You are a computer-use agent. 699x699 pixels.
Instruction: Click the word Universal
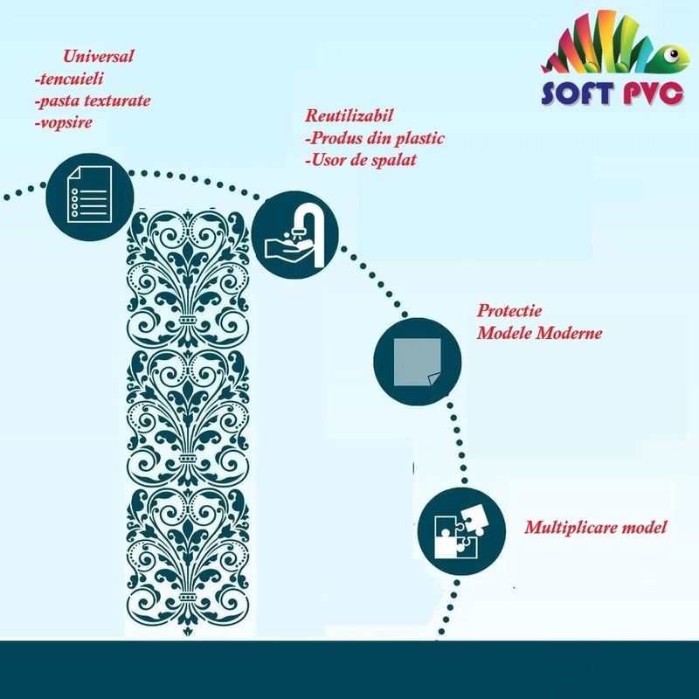tap(98, 56)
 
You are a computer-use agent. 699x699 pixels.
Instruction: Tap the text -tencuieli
tap(69, 79)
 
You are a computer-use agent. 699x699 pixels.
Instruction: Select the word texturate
tap(118, 100)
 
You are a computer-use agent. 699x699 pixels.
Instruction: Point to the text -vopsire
tap(64, 122)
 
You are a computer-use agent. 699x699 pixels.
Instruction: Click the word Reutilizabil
tap(349, 115)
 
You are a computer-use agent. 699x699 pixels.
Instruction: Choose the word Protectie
tap(509, 310)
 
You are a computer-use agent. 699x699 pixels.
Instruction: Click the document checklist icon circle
tap(90, 196)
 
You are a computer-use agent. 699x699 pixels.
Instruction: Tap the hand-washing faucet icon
tap(294, 235)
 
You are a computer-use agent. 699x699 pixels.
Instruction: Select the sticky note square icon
tap(418, 362)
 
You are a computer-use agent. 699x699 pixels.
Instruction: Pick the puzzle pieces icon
tap(461, 531)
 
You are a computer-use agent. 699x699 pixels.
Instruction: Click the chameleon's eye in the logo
tap(673, 55)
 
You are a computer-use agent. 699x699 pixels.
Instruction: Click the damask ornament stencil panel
tap(188, 421)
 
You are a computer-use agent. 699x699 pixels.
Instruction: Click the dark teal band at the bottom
tap(349, 670)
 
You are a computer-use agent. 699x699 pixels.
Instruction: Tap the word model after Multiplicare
tap(644, 528)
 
